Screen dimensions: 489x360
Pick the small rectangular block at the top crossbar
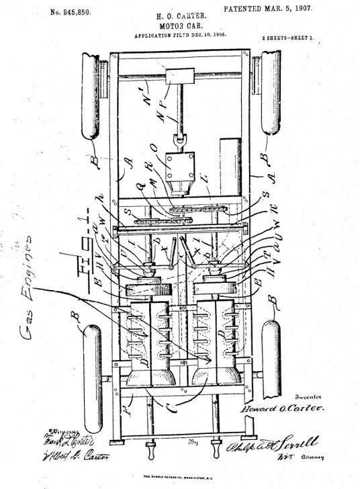pyautogui.click(x=180, y=76)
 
